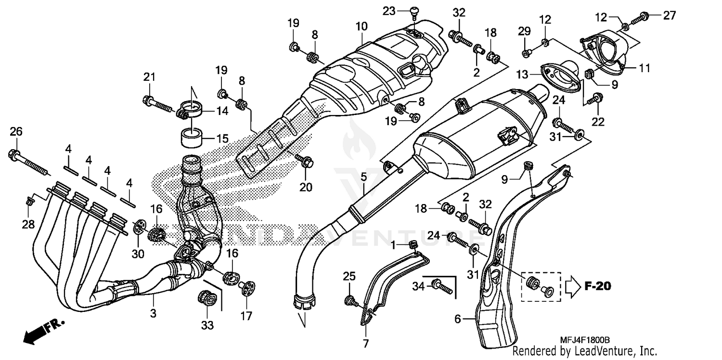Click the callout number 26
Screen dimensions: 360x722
click(16, 132)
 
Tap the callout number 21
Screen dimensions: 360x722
click(149, 77)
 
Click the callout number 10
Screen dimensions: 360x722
click(361, 26)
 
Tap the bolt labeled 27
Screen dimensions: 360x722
click(641, 18)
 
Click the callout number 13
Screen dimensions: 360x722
click(522, 74)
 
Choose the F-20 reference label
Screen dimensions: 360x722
click(597, 286)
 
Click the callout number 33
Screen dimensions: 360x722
click(207, 325)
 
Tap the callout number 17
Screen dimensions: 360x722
click(246, 316)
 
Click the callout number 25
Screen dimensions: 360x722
click(349, 276)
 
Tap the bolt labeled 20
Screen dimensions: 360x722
click(304, 163)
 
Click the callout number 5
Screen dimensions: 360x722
click(363, 176)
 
